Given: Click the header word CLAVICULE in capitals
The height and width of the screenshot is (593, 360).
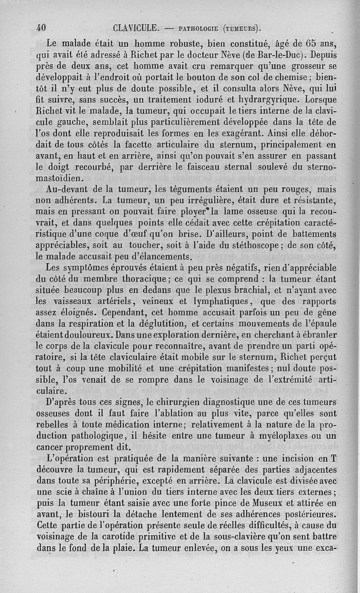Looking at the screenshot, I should [135, 28].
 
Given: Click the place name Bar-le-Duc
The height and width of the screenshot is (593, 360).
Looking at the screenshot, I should [282, 56].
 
